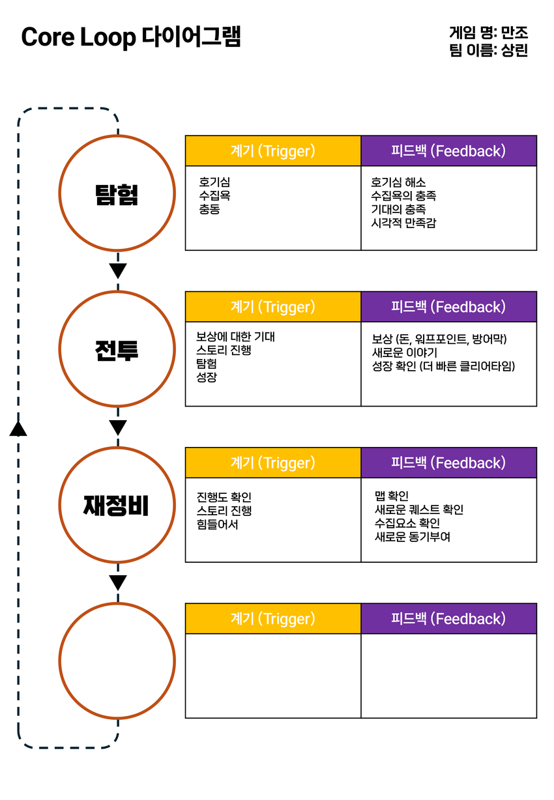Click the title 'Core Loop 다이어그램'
[x=131, y=37]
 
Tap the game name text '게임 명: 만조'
[x=488, y=32]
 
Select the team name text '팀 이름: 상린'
[x=488, y=50]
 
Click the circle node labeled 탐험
[x=117, y=193]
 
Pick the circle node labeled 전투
[x=117, y=349]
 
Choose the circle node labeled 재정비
[x=117, y=505]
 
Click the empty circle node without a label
[x=117, y=661]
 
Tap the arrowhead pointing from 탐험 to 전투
[x=117, y=270]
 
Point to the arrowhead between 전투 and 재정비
[x=117, y=427]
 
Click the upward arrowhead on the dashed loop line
[x=18, y=427]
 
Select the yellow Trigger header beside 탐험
[x=273, y=151]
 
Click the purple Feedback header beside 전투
[x=448, y=307]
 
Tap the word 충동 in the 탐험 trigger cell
[x=209, y=209]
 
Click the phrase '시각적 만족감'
[x=403, y=223]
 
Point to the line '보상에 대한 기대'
[x=235, y=337]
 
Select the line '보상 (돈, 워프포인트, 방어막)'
[x=439, y=339]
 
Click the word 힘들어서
[x=217, y=524]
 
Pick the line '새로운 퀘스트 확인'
[x=419, y=509]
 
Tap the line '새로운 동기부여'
[x=413, y=537]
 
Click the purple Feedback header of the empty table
[x=448, y=619]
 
